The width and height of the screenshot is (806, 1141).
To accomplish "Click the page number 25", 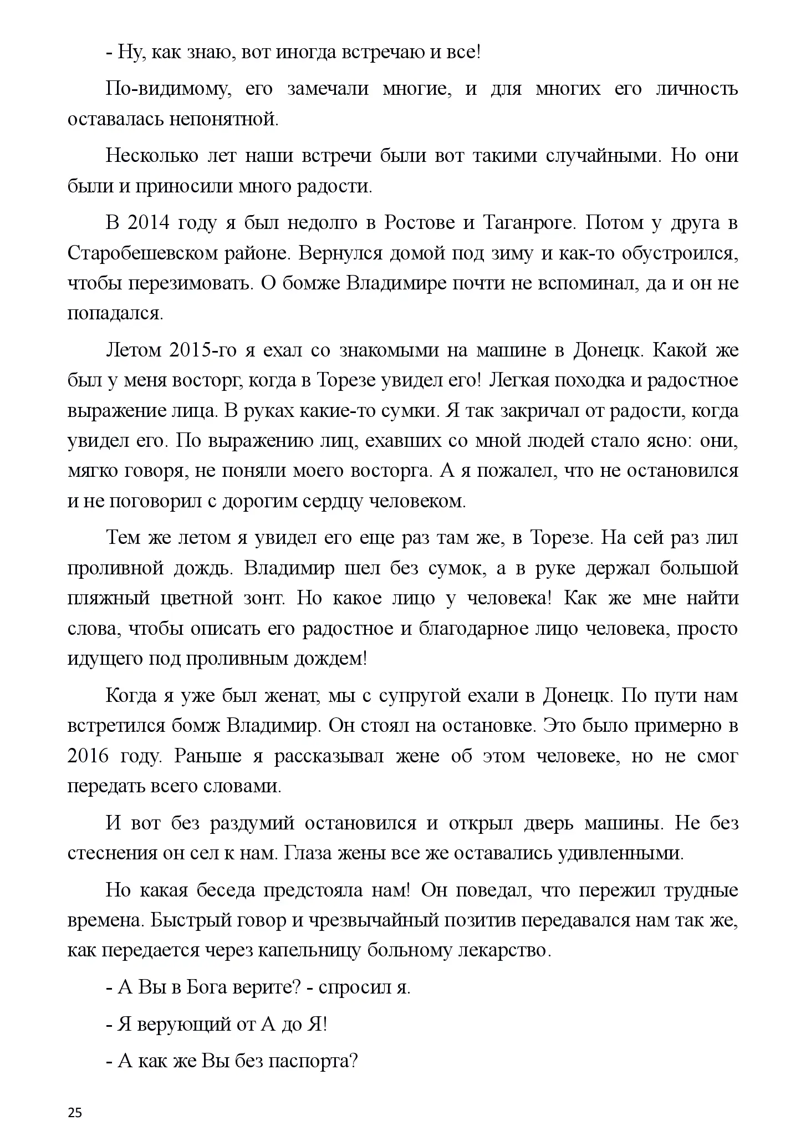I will (x=75, y=1097).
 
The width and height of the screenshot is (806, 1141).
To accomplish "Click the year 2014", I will (x=146, y=223).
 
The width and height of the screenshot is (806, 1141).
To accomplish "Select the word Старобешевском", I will (x=150, y=253).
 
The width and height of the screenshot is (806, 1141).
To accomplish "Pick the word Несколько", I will (x=151, y=156).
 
